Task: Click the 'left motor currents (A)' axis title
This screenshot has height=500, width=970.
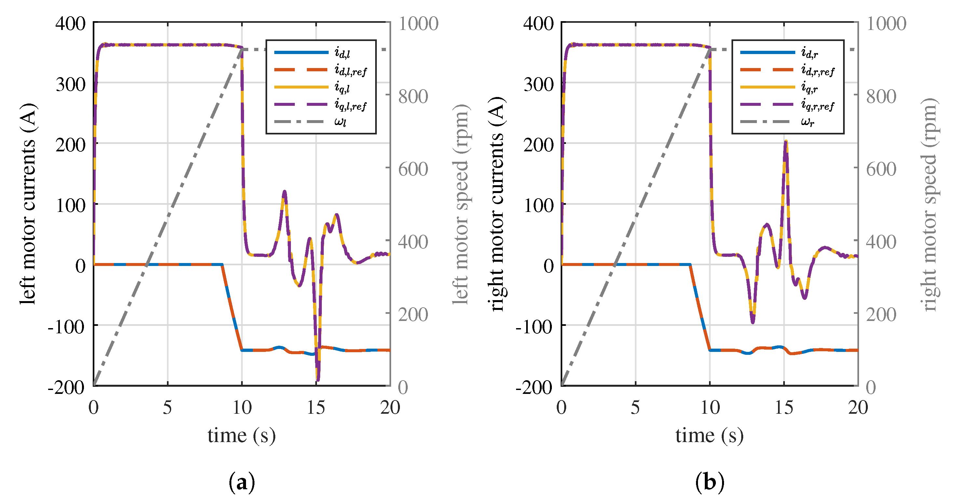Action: (29, 203)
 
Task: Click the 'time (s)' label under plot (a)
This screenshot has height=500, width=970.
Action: (241, 435)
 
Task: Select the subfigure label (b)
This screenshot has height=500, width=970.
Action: (709, 482)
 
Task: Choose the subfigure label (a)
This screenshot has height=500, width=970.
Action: (241, 482)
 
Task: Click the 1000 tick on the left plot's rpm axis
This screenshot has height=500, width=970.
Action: (418, 24)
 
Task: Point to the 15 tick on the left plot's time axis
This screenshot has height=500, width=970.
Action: (316, 407)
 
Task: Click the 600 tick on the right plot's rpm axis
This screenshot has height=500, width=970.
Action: (881, 169)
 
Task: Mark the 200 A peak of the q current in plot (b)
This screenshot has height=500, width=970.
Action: (786, 142)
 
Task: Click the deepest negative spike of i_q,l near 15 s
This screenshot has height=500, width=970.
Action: (318, 380)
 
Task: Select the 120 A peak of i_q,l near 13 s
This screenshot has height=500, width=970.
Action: (284, 192)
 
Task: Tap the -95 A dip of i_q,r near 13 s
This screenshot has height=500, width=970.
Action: (753, 322)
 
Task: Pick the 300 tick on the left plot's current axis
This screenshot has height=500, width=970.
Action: (70, 84)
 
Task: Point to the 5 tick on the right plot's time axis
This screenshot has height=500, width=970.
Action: (635, 407)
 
